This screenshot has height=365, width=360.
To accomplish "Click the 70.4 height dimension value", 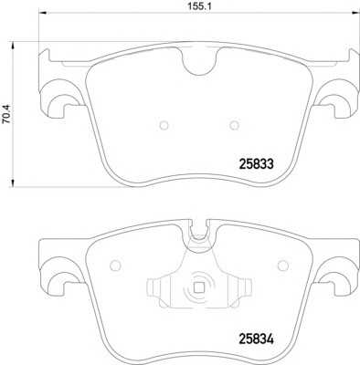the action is pyautogui.click(x=6, y=114).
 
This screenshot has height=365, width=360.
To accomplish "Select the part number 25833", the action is pyautogui.click(x=257, y=164).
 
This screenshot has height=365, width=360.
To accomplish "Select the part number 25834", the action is pyautogui.click(x=257, y=339).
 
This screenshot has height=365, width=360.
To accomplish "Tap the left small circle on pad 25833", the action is pyautogui.click(x=164, y=125).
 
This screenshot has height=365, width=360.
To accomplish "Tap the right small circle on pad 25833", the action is pyautogui.click(x=234, y=125).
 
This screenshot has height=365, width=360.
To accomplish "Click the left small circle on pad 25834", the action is pyautogui.click(x=115, y=266).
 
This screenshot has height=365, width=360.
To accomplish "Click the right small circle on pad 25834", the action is pyautogui.click(x=283, y=266).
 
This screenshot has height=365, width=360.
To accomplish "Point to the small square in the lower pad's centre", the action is pyautogui.click(x=199, y=287).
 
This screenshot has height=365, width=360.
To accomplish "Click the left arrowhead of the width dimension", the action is pyautogui.click(x=42, y=13).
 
